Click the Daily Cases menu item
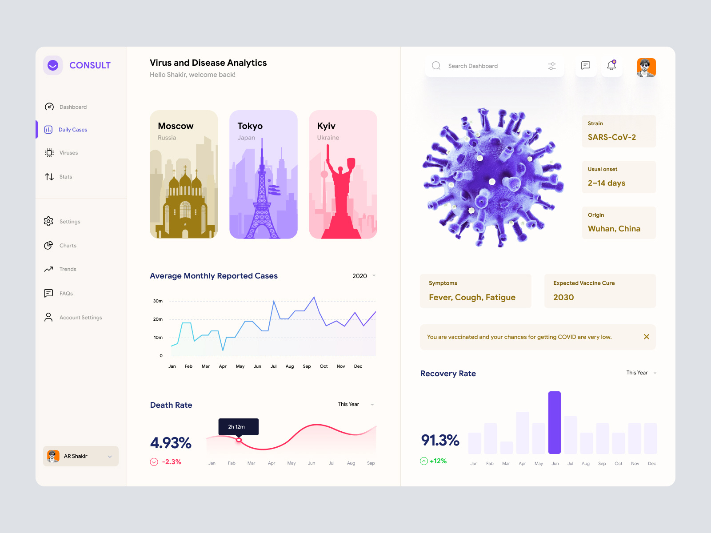pyautogui.click(x=72, y=130)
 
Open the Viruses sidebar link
pyautogui.click(x=68, y=153)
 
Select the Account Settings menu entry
pyautogui.click(x=80, y=318)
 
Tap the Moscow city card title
pyautogui.click(x=176, y=126)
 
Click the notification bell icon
pyautogui.click(x=611, y=66)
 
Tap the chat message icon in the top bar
pyautogui.click(x=586, y=66)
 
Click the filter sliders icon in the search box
pyautogui.click(x=552, y=66)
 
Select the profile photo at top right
pyautogui.click(x=646, y=68)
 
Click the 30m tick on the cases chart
pyautogui.click(x=158, y=301)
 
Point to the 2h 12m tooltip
pyautogui.click(x=238, y=427)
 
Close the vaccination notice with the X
pyautogui.click(x=647, y=337)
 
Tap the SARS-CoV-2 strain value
pyautogui.click(x=611, y=137)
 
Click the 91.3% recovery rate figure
pyautogui.click(x=440, y=440)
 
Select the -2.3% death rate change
pyautogui.click(x=171, y=462)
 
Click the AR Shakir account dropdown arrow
pyautogui.click(x=110, y=457)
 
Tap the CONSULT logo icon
pyautogui.click(x=53, y=65)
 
